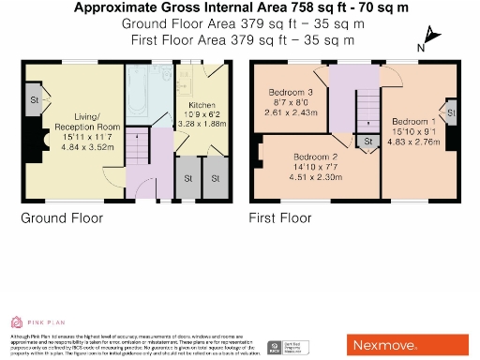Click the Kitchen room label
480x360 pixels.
(x=202, y=106)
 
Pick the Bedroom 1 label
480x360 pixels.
(x=413, y=122)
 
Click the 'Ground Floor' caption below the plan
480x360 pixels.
(x=62, y=218)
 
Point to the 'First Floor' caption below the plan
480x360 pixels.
(x=279, y=218)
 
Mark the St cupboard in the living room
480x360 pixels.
(x=33, y=99)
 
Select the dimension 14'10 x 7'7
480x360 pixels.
(x=314, y=167)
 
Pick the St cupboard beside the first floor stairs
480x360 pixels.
(x=368, y=142)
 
